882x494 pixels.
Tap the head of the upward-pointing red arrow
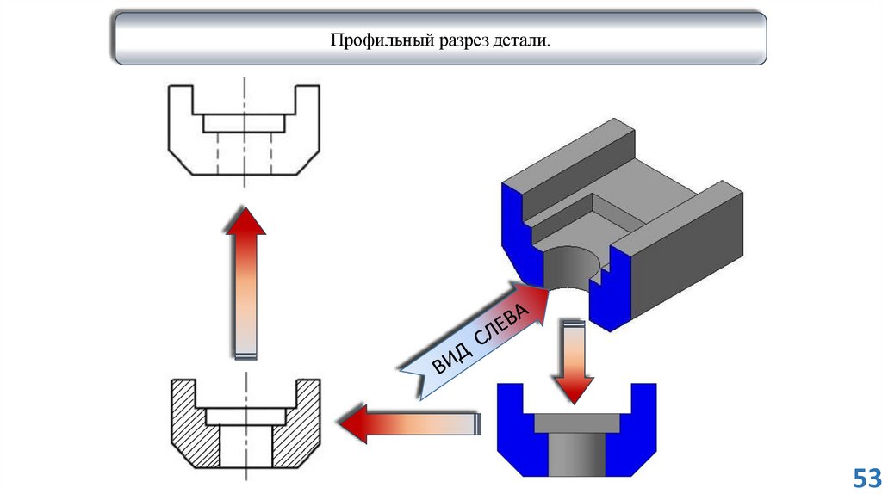click(245, 222)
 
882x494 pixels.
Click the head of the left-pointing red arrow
click(354, 423)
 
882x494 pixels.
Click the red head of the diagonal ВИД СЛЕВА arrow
click(537, 300)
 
